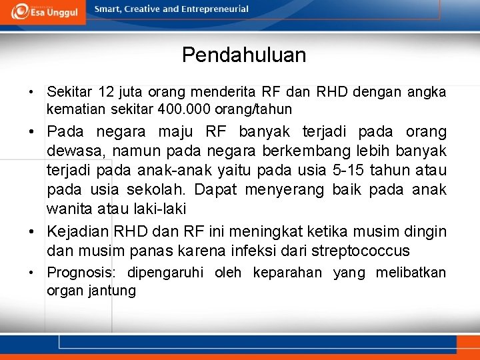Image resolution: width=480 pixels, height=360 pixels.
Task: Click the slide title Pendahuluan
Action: (x=244, y=55)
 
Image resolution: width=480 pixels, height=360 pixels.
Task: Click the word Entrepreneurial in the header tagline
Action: (x=215, y=9)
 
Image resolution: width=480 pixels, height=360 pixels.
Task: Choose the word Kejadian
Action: (x=77, y=232)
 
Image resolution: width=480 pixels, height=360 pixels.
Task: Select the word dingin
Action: (x=424, y=232)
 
